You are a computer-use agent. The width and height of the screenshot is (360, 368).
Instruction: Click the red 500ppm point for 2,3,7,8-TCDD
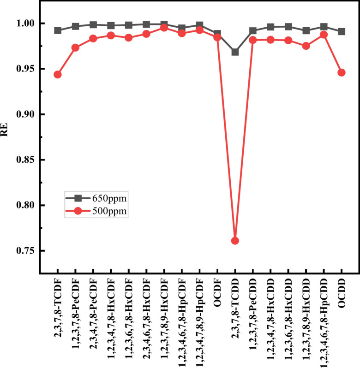coord(235,241)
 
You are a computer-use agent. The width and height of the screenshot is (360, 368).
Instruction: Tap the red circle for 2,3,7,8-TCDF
coord(58,75)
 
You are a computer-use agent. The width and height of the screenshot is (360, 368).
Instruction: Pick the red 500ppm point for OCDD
coord(342,72)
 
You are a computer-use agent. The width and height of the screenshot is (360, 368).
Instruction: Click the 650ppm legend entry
coord(96,198)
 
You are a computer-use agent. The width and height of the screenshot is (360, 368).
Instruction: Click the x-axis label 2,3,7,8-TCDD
coord(235,304)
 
